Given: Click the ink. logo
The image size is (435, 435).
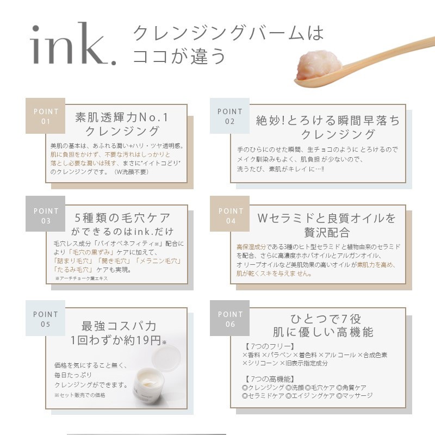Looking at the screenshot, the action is coord(73,44).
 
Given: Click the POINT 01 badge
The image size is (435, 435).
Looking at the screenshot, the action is coord(46,116).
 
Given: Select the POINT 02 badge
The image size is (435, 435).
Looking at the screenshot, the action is coord(229,116).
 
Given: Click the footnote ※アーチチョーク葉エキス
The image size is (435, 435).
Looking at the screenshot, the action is coord(82,278).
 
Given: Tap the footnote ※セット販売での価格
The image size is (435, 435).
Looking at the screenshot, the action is coord(80,395).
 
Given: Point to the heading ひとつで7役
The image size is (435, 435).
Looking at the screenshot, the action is coord(326,319).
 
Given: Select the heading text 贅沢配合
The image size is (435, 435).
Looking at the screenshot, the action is coord(327,233).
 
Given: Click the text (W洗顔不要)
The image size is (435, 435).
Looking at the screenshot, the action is coord(131,172).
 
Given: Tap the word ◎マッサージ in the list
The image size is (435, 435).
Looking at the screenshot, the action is coord(355,396).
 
